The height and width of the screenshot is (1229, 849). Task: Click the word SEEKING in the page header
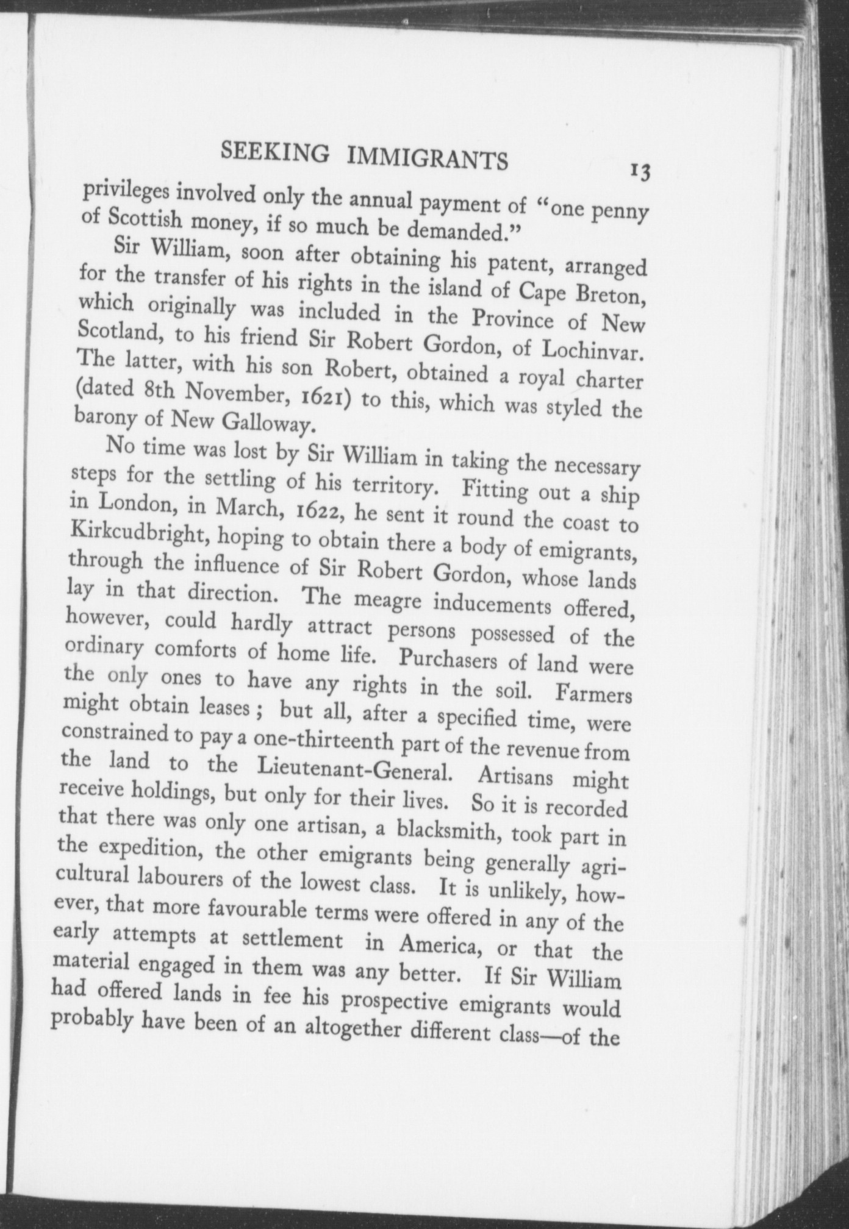click(274, 150)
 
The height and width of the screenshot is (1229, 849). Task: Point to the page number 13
click(640, 172)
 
